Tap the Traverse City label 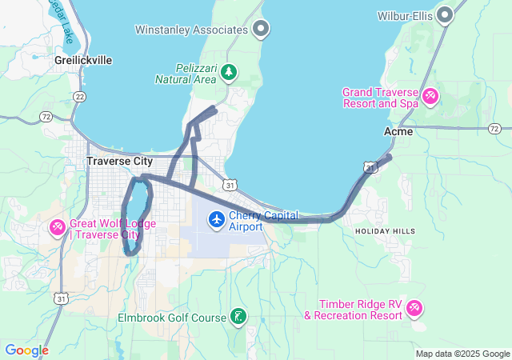tap(120, 161)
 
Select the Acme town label tap(398, 131)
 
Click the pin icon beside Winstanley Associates tap(260, 30)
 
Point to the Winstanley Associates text tap(191, 30)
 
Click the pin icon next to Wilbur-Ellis tap(446, 14)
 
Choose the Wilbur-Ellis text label tap(406, 15)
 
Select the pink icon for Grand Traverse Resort tap(430, 97)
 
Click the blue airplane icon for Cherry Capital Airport tap(216, 218)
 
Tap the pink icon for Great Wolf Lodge tap(57, 228)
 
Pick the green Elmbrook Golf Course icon tap(238, 317)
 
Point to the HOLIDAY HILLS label tap(385, 231)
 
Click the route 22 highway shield tap(79, 96)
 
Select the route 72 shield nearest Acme tap(494, 128)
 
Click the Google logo tap(26, 350)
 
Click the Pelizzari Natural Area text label tap(186, 74)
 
